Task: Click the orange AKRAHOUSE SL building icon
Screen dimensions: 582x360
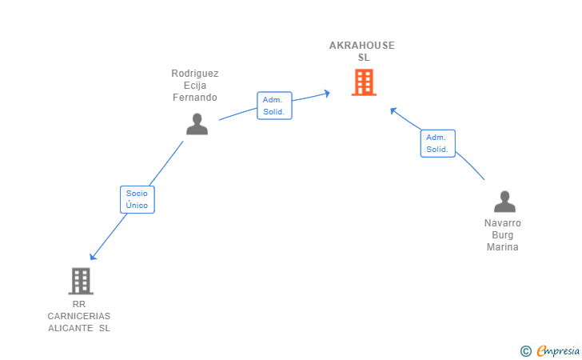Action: tap(364, 82)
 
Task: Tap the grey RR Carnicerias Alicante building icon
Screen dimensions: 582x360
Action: tap(81, 281)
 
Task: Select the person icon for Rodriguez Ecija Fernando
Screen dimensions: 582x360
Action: tap(197, 124)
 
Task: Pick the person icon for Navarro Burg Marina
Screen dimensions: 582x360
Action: tap(504, 202)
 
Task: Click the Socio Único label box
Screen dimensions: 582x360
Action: tap(138, 199)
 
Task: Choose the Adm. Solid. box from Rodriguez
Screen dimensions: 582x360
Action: tap(274, 106)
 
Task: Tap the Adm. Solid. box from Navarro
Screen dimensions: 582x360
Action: tap(437, 143)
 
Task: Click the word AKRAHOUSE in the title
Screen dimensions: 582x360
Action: tap(362, 46)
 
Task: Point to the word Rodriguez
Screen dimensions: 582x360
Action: tap(195, 74)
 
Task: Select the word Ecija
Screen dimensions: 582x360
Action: tap(195, 86)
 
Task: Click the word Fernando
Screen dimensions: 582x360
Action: tap(195, 98)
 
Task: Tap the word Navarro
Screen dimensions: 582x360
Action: tap(503, 223)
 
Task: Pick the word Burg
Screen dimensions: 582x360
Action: tap(503, 235)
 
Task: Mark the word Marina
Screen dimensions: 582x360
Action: tap(503, 247)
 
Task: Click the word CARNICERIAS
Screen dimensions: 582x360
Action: tap(79, 316)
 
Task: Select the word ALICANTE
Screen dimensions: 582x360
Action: tap(70, 328)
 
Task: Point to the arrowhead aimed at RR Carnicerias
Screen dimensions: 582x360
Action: tap(93, 256)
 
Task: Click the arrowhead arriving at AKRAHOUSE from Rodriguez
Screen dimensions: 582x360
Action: tap(327, 94)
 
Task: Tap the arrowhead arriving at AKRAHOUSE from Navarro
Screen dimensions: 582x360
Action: tap(393, 110)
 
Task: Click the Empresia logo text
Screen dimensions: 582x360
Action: tap(558, 350)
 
